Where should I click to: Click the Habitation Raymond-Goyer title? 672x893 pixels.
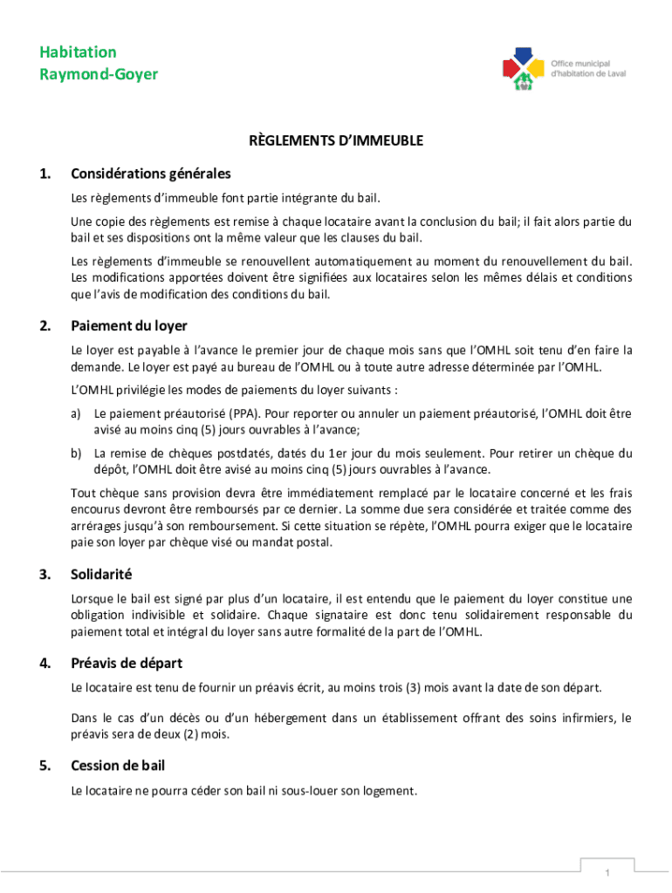[99, 63]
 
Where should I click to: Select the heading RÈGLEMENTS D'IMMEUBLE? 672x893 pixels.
[336, 140]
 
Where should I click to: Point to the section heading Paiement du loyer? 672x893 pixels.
[129, 325]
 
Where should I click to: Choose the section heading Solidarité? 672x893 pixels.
[101, 575]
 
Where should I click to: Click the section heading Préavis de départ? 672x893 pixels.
[127, 663]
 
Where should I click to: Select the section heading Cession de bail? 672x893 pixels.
[118, 766]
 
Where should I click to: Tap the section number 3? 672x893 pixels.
[44, 575]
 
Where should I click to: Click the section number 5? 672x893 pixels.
[44, 766]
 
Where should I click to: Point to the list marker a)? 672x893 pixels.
[77, 412]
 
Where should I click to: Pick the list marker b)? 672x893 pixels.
[77, 453]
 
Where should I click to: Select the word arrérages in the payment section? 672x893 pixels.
[99, 526]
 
